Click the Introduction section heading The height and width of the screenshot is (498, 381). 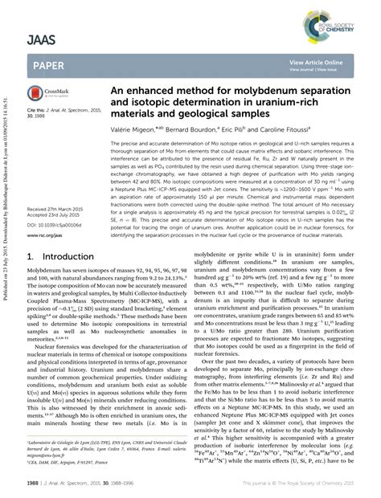click(63, 259)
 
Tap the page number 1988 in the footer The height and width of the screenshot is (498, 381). click(34, 484)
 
